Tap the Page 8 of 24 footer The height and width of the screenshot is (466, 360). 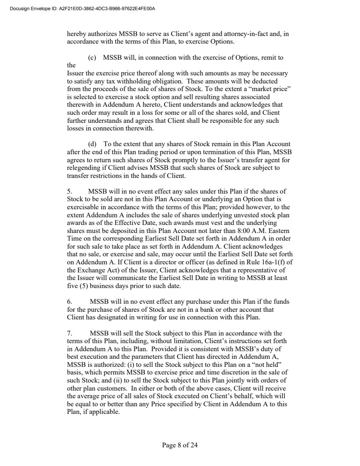click(180, 445)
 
